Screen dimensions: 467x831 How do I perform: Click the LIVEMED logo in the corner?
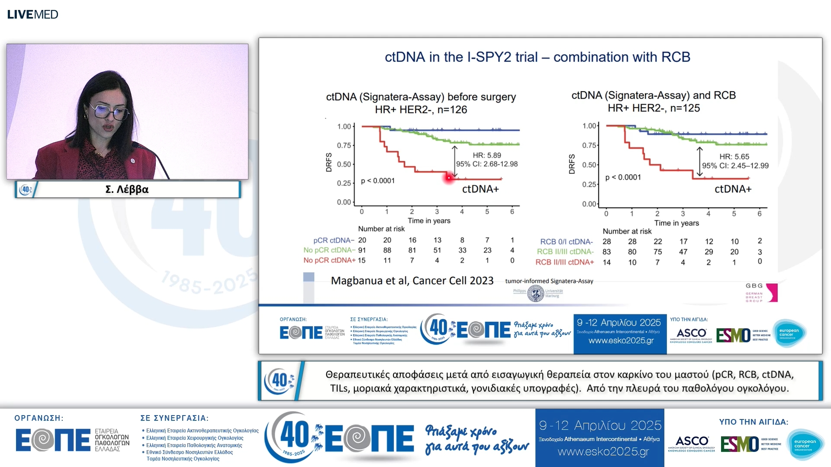(32, 14)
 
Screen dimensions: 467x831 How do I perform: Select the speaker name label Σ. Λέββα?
(127, 189)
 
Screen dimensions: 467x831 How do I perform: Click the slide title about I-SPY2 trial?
(537, 57)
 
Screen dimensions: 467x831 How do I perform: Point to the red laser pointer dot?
(449, 177)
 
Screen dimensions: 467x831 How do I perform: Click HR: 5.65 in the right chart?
(734, 157)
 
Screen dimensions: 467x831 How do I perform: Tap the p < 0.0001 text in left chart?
(378, 181)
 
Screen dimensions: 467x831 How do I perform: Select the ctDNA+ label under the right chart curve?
(733, 189)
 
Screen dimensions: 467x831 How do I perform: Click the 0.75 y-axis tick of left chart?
(344, 145)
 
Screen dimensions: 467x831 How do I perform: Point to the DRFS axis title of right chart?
(572, 164)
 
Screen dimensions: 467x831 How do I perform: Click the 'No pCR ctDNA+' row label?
(329, 260)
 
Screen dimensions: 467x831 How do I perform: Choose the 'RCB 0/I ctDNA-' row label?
(566, 242)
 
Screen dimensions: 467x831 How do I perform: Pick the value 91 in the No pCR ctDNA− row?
(362, 250)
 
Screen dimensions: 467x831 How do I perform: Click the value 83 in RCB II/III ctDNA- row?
(607, 252)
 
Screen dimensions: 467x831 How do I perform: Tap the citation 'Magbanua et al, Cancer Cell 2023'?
(412, 281)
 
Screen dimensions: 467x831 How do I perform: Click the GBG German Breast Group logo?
(761, 293)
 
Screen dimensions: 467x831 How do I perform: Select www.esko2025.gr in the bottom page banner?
(603, 452)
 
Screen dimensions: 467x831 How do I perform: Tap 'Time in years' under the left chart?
(428, 221)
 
